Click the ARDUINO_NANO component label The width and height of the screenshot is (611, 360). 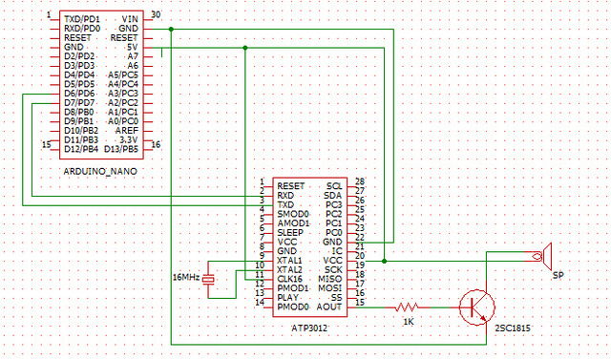click(98, 171)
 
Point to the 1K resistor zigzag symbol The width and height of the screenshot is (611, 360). click(407, 307)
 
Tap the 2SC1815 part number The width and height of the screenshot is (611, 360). click(512, 328)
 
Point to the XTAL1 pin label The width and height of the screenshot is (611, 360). click(290, 259)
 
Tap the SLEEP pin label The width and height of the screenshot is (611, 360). click(290, 232)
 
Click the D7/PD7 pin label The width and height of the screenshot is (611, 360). click(79, 102)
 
